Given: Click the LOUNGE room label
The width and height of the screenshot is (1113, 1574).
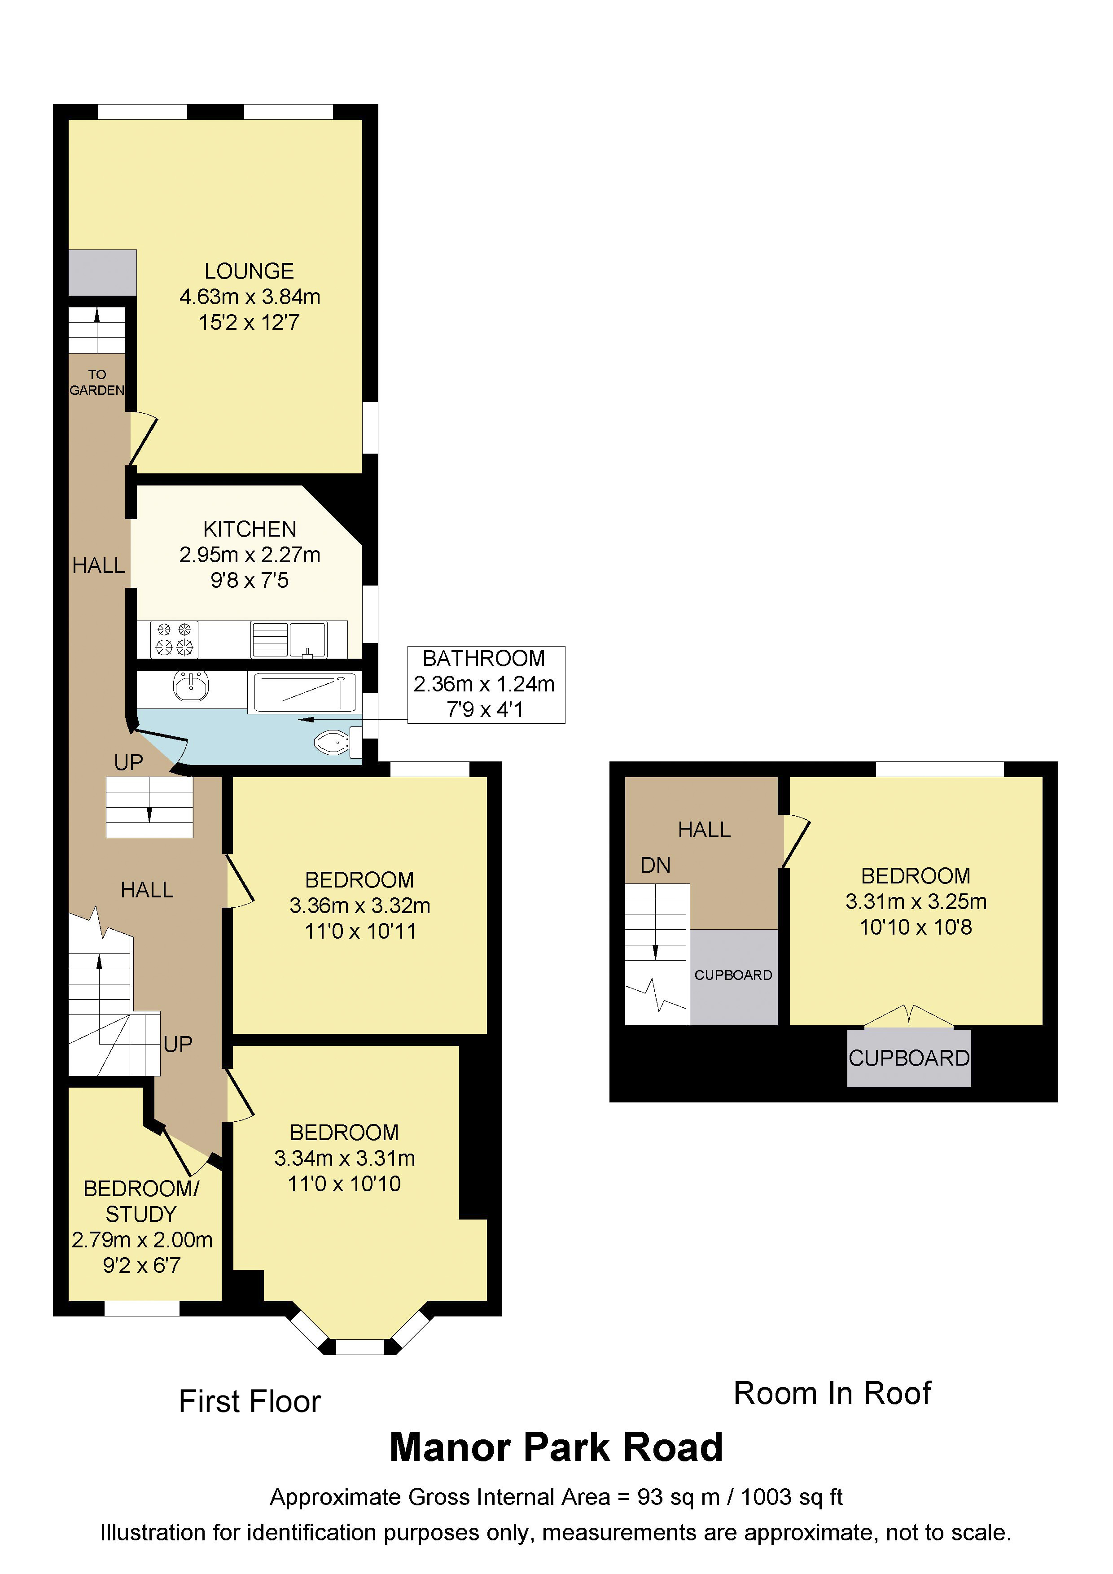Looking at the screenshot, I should (x=249, y=271).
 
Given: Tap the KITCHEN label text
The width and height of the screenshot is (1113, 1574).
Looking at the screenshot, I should (x=250, y=529).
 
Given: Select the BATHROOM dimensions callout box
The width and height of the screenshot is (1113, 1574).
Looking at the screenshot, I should (x=486, y=684).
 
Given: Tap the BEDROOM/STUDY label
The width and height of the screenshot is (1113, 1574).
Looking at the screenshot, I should (x=141, y=1201).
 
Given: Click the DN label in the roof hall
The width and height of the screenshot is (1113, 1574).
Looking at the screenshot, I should (x=655, y=865).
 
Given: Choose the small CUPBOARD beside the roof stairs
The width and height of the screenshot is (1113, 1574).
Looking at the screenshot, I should (x=733, y=975).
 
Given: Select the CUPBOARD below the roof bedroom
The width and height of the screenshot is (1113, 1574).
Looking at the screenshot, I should (x=909, y=1058).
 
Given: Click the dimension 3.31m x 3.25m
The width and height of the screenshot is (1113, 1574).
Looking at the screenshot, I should (x=916, y=901).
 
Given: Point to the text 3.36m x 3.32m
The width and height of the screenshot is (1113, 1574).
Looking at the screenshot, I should (x=359, y=905).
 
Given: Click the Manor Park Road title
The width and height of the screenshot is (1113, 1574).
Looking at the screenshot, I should (x=556, y=1447).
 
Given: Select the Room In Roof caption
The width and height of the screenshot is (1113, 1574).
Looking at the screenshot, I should (x=832, y=1394).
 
